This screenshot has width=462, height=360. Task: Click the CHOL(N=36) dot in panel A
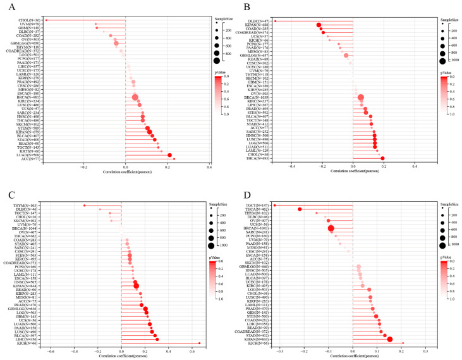point(46,20)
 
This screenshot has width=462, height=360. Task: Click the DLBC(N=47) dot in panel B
point(275,20)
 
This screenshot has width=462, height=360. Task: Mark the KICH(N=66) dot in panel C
point(200,344)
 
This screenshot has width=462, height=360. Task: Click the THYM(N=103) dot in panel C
point(85,205)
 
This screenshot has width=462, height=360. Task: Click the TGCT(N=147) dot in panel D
point(274,205)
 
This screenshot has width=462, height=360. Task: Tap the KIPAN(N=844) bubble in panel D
point(390,339)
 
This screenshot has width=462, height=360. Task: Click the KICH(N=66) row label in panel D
point(257,344)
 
